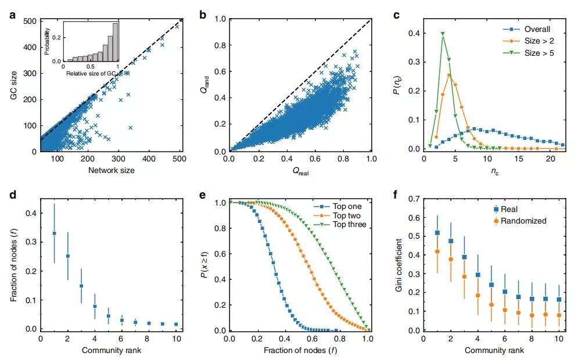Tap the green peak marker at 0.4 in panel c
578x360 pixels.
click(443, 34)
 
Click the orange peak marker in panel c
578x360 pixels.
click(449, 75)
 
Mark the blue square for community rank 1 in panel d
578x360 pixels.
click(54, 233)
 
